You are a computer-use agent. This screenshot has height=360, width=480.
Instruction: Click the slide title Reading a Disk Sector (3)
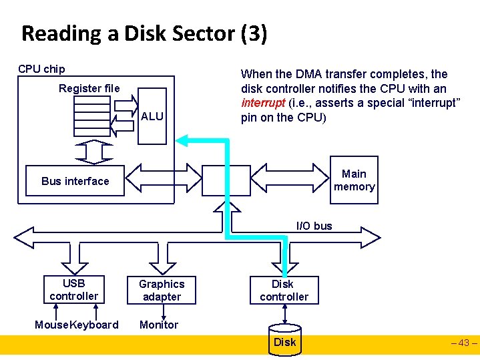144,33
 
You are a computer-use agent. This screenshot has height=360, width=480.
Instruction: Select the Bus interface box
75,181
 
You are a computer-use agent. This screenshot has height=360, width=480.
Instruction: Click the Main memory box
354,180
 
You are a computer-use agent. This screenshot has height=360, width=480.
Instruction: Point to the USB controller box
73,289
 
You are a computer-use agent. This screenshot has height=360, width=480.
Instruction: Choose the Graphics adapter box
162,290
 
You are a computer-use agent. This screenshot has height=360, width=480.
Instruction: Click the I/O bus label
314,226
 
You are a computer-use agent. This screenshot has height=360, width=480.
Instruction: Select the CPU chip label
41,69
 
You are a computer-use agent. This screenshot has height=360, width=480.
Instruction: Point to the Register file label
89,88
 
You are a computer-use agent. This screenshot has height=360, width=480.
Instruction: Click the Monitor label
159,325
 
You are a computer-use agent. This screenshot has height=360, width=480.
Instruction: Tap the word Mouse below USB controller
51,325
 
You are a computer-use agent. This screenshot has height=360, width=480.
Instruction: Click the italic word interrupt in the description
263,104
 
